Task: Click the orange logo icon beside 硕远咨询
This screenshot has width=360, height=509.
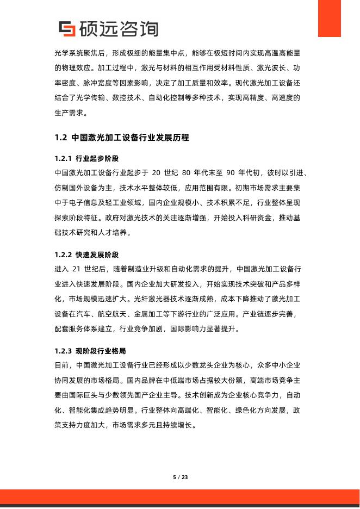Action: click(66, 29)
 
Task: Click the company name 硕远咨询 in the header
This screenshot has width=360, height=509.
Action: click(119, 29)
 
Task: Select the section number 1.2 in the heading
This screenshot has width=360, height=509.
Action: click(60, 138)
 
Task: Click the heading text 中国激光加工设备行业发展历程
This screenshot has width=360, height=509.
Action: click(131, 138)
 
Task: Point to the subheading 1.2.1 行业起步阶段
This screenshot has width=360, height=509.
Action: click(86, 159)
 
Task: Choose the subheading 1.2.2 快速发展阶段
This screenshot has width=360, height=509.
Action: click(86, 254)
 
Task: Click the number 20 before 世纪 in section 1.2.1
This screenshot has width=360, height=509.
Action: click(157, 173)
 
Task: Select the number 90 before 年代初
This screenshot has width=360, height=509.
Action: click(229, 173)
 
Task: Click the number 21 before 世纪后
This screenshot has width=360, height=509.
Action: click(77, 269)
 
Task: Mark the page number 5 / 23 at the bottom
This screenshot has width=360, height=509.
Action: click(180, 477)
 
